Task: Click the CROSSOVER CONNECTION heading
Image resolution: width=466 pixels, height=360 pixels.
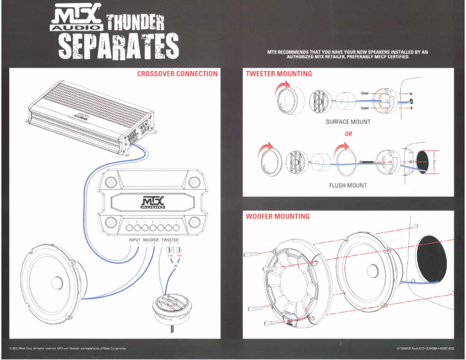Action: [x=177, y=74]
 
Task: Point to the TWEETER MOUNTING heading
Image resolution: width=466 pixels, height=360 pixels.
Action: [x=278, y=74]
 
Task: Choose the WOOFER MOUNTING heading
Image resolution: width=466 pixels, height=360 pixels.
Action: [x=277, y=216]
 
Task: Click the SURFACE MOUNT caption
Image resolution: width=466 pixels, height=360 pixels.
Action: [x=348, y=122]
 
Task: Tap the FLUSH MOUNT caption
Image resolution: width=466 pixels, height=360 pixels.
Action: [x=348, y=186]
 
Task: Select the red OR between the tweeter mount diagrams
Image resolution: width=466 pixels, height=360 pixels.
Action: [x=348, y=134]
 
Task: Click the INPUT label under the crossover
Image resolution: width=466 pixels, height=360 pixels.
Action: [x=134, y=239]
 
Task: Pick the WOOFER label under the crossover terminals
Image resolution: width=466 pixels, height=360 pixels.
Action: [x=150, y=239]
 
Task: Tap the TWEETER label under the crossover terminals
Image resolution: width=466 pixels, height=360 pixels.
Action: [x=170, y=239]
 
